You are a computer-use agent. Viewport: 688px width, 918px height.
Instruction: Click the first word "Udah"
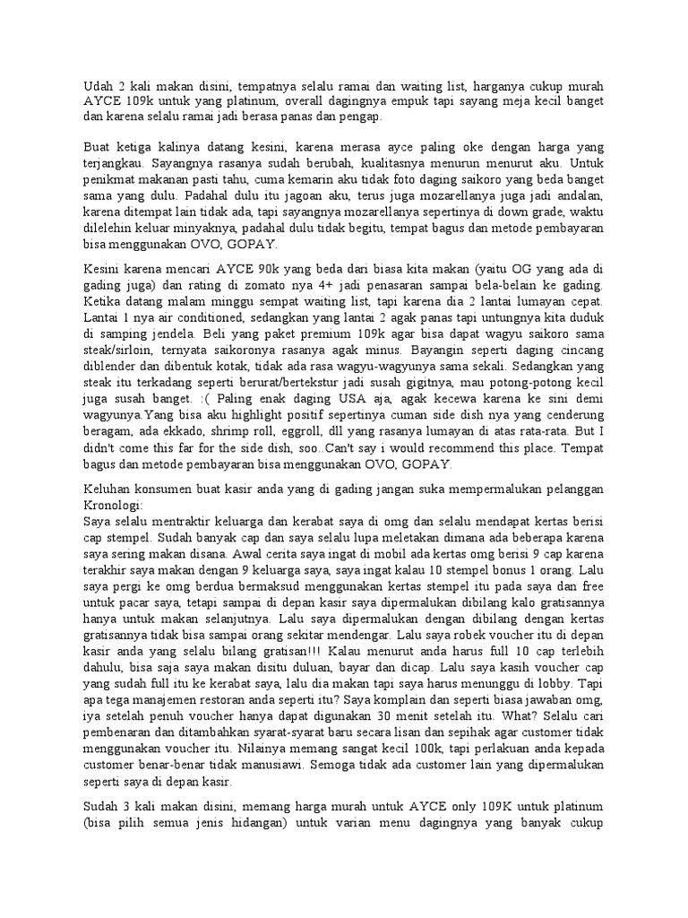[98, 86]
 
